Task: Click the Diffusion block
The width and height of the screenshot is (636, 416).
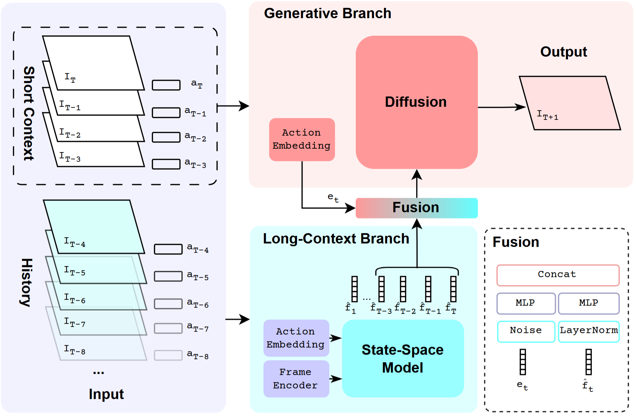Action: click(x=416, y=102)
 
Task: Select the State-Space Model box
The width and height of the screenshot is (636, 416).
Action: click(x=403, y=358)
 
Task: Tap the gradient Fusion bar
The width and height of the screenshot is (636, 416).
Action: click(x=416, y=208)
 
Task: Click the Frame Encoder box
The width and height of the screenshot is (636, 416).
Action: click(x=296, y=379)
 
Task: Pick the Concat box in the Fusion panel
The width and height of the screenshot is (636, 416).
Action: click(x=558, y=275)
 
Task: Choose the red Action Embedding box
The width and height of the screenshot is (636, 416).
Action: click(x=302, y=139)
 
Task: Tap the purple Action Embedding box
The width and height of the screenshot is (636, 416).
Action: click(x=296, y=338)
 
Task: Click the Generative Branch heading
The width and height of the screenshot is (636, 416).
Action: click(x=328, y=14)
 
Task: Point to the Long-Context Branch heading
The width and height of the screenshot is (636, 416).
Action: click(x=336, y=239)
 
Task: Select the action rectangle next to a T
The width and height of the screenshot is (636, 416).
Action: click(x=166, y=85)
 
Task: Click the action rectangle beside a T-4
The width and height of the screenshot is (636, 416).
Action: click(x=168, y=249)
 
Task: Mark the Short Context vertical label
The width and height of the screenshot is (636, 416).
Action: click(x=29, y=113)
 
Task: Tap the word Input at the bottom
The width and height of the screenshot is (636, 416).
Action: click(x=106, y=394)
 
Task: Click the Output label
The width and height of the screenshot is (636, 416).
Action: click(x=564, y=52)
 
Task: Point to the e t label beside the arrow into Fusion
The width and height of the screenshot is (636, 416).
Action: click(x=333, y=198)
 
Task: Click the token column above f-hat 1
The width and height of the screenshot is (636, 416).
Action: click(x=354, y=289)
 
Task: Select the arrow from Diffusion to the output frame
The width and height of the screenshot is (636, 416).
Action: click(x=501, y=108)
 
